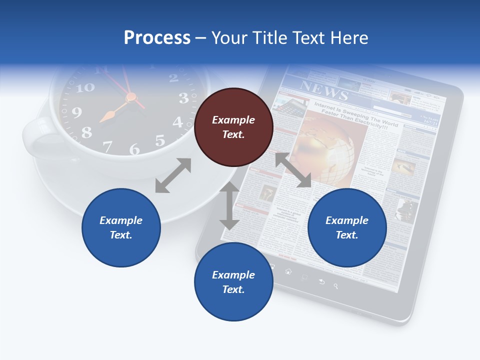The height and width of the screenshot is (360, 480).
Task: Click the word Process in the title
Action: tap(157, 38)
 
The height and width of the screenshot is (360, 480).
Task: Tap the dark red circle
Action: tap(233, 127)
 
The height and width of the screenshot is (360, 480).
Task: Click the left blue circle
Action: tap(121, 227)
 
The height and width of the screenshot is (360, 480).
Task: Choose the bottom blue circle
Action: tap(233, 282)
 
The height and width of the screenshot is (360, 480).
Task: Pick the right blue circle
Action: tap(347, 227)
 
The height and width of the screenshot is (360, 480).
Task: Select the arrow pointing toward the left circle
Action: tap(173, 175)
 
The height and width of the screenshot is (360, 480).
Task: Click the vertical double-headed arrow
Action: tap(229, 205)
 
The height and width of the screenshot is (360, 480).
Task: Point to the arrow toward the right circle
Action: tap(293, 170)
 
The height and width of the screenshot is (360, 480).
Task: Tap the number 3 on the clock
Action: tap(183, 98)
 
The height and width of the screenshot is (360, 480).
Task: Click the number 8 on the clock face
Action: tap(86, 132)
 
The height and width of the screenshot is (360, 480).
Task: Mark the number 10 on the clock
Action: tap(85, 87)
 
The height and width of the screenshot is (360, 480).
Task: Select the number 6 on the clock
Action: tap(134, 149)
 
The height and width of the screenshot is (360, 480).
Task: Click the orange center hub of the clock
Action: tap(131, 96)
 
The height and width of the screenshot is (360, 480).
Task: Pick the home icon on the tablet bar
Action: tap(288, 271)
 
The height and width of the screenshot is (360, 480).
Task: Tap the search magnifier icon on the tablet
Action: tap(336, 286)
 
